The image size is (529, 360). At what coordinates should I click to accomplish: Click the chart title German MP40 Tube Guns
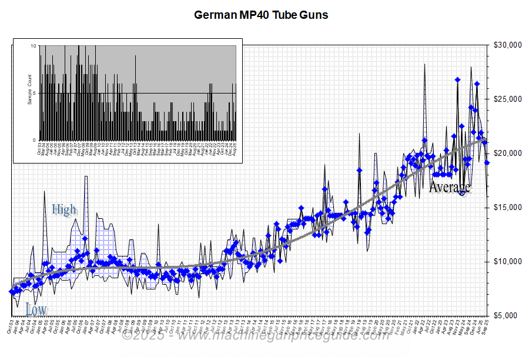point(261,15)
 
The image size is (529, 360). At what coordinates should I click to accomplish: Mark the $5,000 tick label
point(506,316)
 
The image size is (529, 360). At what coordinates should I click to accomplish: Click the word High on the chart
point(63,209)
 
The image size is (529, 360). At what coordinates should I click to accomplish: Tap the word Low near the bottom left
point(36,309)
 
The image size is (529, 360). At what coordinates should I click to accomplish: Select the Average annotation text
point(450,188)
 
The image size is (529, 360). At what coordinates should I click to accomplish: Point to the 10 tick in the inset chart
point(34,46)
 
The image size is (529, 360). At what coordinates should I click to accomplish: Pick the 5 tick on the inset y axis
point(35,93)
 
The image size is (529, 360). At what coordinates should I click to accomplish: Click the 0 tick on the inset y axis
point(35,140)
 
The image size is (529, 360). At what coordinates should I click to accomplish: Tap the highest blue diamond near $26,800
point(457,79)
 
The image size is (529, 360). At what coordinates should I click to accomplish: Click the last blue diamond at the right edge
point(487,162)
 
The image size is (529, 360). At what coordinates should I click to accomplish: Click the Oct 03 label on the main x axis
point(12,326)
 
